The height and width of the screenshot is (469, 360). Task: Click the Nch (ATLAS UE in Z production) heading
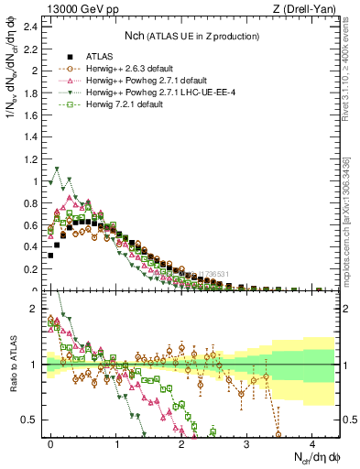click(192, 36)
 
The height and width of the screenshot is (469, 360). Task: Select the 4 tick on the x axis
click(311, 442)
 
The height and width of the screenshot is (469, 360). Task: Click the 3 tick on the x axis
click(246, 442)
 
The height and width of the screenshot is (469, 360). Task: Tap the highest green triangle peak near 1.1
click(57, 169)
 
